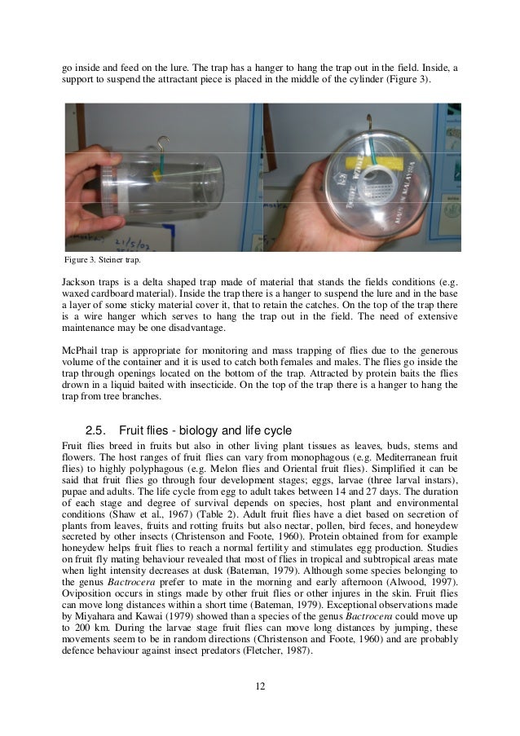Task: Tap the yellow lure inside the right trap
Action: [x=372, y=166]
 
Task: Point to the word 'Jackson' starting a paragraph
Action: [x=80, y=281]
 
